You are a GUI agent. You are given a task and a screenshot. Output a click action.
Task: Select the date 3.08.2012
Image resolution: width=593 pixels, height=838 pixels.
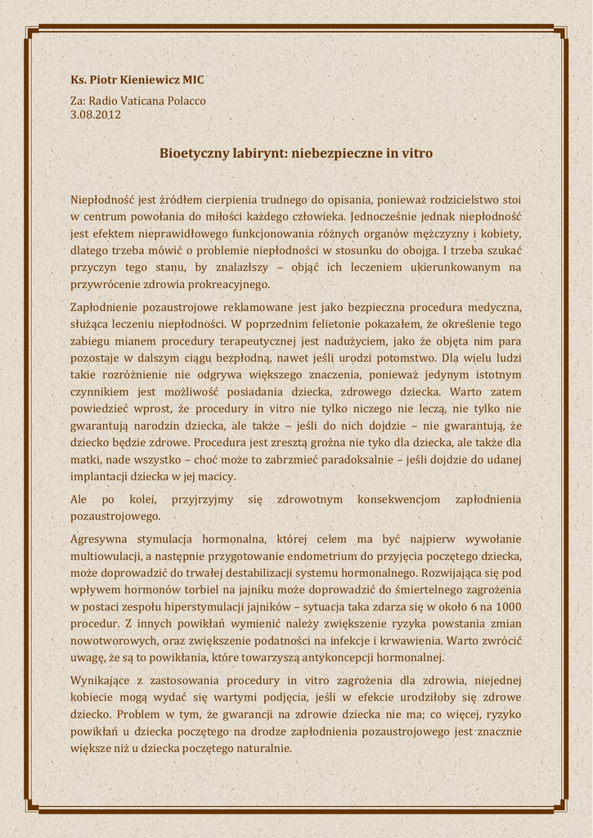[96, 115]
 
